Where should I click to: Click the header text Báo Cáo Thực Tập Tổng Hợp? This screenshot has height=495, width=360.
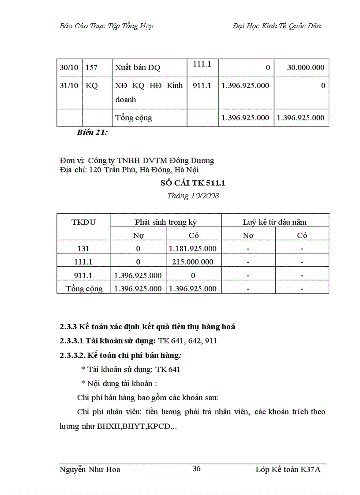click(x=106, y=26)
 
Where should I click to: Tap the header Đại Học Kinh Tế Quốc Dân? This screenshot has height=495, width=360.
click(x=277, y=26)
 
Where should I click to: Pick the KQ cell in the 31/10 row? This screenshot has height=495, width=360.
click(x=92, y=86)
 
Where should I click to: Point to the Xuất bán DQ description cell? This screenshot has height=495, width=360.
click(x=138, y=68)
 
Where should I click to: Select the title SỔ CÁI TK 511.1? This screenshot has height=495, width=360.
click(x=193, y=183)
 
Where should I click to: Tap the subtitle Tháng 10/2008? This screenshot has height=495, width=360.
click(x=193, y=196)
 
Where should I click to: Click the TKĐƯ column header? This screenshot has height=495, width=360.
click(x=83, y=222)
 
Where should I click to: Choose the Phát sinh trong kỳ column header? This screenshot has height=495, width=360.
click(x=166, y=222)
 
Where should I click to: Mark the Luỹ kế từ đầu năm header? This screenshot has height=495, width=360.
click(x=274, y=222)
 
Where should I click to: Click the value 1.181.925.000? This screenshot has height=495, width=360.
click(x=193, y=249)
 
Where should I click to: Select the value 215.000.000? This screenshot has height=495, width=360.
click(x=193, y=262)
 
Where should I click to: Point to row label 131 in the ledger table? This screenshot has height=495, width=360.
click(x=83, y=249)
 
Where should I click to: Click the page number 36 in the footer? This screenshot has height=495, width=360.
click(x=197, y=469)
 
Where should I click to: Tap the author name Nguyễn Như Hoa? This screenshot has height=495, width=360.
click(x=90, y=469)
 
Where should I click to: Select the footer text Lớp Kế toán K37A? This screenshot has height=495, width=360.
click(x=288, y=469)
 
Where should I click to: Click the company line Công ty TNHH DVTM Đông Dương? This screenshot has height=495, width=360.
click(x=151, y=160)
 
